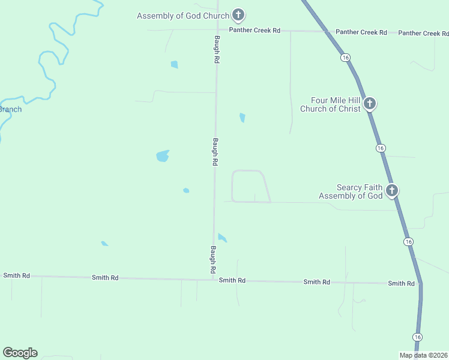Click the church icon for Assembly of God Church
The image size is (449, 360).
pyautogui.click(x=238, y=15)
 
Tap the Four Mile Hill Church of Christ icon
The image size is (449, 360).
pyautogui.click(x=370, y=104)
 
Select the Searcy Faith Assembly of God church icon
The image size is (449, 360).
pyautogui.click(x=392, y=191)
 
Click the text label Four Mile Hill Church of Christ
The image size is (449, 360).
pyautogui.click(x=331, y=104)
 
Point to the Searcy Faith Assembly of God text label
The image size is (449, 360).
pyautogui.click(x=351, y=191)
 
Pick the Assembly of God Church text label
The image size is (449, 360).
pyautogui.click(x=183, y=16)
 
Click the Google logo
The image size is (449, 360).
pyautogui.click(x=20, y=353)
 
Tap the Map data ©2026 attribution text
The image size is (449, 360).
pyautogui.click(x=423, y=355)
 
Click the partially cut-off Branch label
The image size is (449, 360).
pyautogui.click(x=10, y=109)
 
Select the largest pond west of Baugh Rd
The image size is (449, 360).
pyautogui.click(x=162, y=156)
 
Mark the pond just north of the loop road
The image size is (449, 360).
pyautogui.click(x=242, y=118)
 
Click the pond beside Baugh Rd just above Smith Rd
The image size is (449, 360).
pyautogui.click(x=222, y=238)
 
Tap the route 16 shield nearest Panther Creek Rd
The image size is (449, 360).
pyautogui.click(x=345, y=58)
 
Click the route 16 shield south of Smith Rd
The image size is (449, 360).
pyautogui.click(x=417, y=337)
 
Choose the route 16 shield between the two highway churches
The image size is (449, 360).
pyautogui.click(x=381, y=148)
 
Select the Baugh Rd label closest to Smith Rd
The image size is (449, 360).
pyautogui.click(x=213, y=260)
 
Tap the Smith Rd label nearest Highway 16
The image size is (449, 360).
pyautogui.click(x=401, y=283)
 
